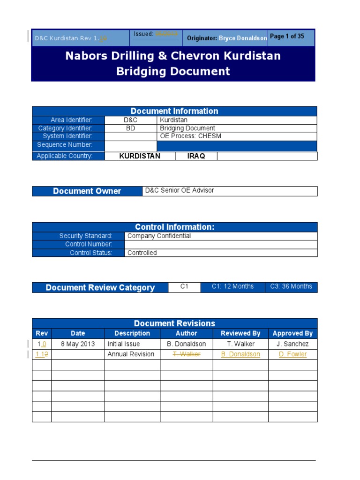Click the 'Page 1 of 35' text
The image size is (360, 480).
(x=287, y=37)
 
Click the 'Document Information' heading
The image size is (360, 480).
(x=174, y=111)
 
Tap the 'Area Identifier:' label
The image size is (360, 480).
(x=71, y=120)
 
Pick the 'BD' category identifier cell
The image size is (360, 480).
(x=130, y=128)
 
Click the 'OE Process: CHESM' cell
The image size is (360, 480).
(x=190, y=136)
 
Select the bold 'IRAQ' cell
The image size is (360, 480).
(x=196, y=156)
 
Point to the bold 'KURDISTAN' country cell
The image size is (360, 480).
(x=140, y=156)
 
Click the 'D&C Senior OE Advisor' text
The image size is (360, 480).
(x=180, y=190)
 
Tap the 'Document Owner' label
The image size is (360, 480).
(x=87, y=191)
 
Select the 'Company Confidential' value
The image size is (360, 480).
(x=159, y=236)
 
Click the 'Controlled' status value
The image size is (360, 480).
(x=142, y=253)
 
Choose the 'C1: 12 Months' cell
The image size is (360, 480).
(x=232, y=286)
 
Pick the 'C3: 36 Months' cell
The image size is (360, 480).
(x=291, y=286)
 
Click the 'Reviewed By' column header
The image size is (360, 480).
(x=240, y=333)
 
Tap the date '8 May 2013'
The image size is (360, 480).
(x=78, y=344)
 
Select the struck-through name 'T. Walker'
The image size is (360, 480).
(x=187, y=354)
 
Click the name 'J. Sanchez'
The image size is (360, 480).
(x=292, y=344)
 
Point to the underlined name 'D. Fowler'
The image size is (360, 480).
(x=292, y=354)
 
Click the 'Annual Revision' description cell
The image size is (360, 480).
(x=131, y=354)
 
